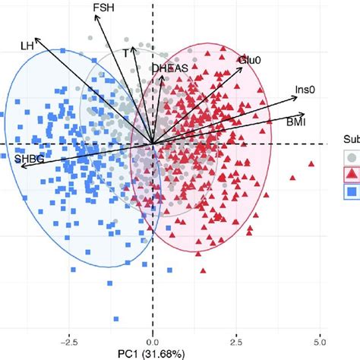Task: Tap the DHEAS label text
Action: point(169,68)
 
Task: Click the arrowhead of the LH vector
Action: point(36,38)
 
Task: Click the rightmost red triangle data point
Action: point(311,164)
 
